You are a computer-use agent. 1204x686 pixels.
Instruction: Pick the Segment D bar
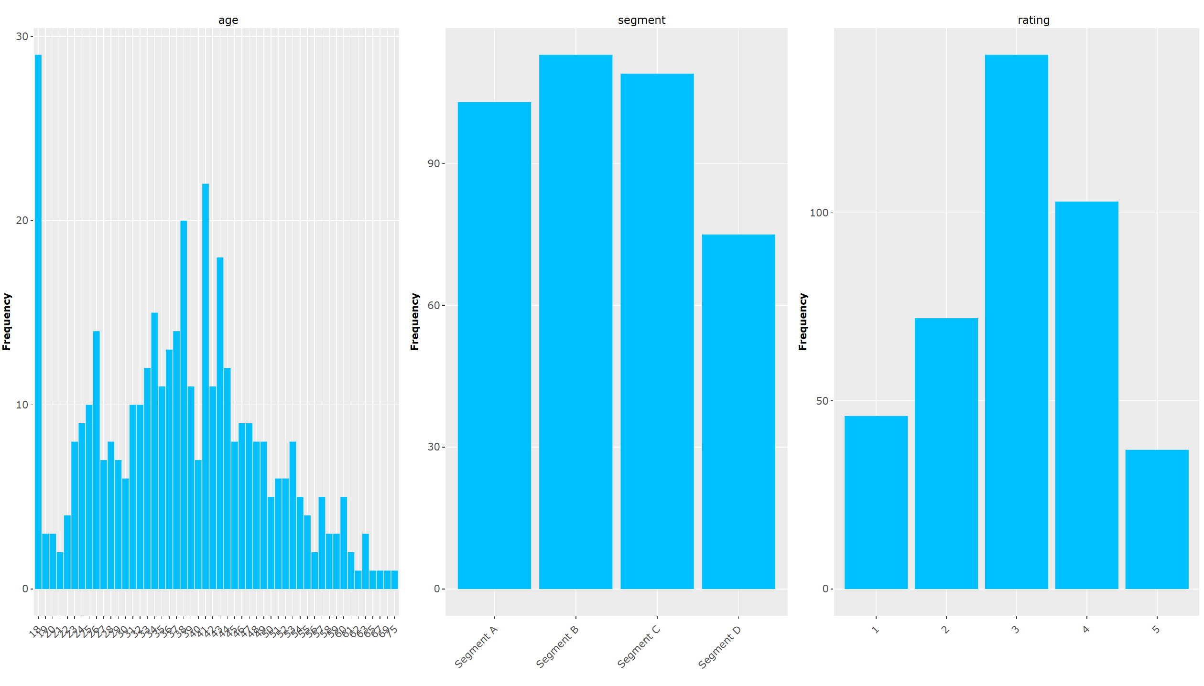[738, 411]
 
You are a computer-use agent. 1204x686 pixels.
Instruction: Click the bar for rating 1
[876, 502]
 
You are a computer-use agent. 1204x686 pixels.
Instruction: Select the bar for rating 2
[946, 453]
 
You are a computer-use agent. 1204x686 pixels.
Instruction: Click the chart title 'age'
[228, 20]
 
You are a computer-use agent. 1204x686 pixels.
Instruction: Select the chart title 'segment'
[641, 20]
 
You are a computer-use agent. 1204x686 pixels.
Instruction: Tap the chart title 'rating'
[1033, 20]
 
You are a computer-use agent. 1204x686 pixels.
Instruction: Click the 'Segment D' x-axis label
[719, 647]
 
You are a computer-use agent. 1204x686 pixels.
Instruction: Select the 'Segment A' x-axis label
[476, 647]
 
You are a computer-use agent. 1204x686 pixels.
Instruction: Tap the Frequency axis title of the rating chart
[803, 322]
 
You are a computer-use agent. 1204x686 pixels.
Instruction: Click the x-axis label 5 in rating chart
[1156, 630]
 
